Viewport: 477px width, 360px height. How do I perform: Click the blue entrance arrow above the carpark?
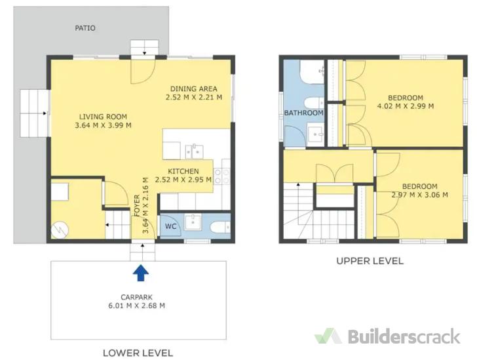pos(140,273)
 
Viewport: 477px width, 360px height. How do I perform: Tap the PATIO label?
pos(85,28)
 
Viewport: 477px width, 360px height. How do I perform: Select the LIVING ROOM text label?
pos(103,117)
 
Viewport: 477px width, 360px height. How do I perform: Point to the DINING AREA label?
pos(194,89)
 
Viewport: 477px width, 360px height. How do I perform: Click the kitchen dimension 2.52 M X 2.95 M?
pos(183,180)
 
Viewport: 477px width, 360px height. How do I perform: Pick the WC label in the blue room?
pos(170,226)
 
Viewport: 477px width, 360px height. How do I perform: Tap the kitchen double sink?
pos(195,151)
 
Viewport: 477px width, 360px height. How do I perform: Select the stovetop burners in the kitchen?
pos(221,176)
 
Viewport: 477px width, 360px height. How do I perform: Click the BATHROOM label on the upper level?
pos(303,113)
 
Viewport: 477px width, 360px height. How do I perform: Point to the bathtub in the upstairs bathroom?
pos(312,72)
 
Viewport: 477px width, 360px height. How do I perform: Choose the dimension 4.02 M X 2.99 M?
pos(406,106)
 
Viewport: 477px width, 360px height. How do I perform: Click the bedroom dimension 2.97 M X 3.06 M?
pos(420,195)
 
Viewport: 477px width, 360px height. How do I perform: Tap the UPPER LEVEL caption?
pos(370,261)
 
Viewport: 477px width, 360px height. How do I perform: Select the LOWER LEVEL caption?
pos(138,353)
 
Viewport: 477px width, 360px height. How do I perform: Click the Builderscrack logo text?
pos(404,336)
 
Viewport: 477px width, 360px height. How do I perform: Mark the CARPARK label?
pos(136,297)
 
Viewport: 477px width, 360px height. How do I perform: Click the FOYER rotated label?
pos(136,206)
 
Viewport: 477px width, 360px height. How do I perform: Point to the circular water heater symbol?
pos(60,230)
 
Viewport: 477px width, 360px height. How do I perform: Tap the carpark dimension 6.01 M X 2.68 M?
pos(136,306)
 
